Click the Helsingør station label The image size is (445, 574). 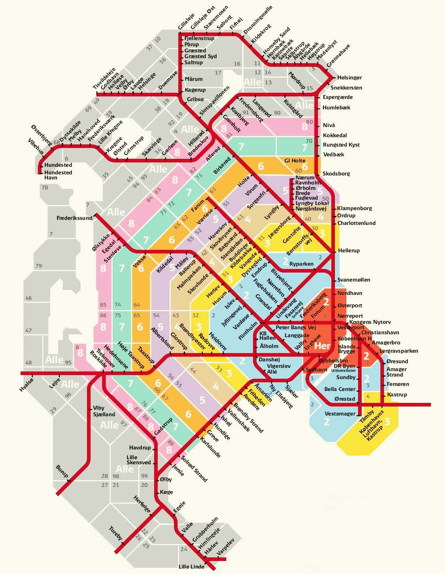tap(349, 77)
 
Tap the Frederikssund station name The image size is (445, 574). tap(74, 218)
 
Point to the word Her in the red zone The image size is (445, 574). tap(322, 346)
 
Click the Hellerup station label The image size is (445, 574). tap(349, 250)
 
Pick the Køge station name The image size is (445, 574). tap(166, 492)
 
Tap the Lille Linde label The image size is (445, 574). tap(191, 566)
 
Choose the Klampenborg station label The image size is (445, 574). tap(354, 208)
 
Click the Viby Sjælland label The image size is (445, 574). tap(104, 411)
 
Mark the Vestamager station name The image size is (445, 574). tap(340, 414)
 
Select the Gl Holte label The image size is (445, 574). tap(295, 160)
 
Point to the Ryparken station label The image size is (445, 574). tap(301, 264)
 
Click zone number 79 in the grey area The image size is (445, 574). tap(39, 266)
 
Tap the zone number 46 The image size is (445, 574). tap(29, 298)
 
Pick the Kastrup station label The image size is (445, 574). tap(397, 395)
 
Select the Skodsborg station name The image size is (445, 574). tap(336, 174)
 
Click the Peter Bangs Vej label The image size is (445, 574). tap(296, 327)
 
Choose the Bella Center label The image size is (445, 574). tap(340, 389)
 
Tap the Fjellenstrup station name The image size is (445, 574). tap(199, 38)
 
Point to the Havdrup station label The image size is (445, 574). tap(140, 448)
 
